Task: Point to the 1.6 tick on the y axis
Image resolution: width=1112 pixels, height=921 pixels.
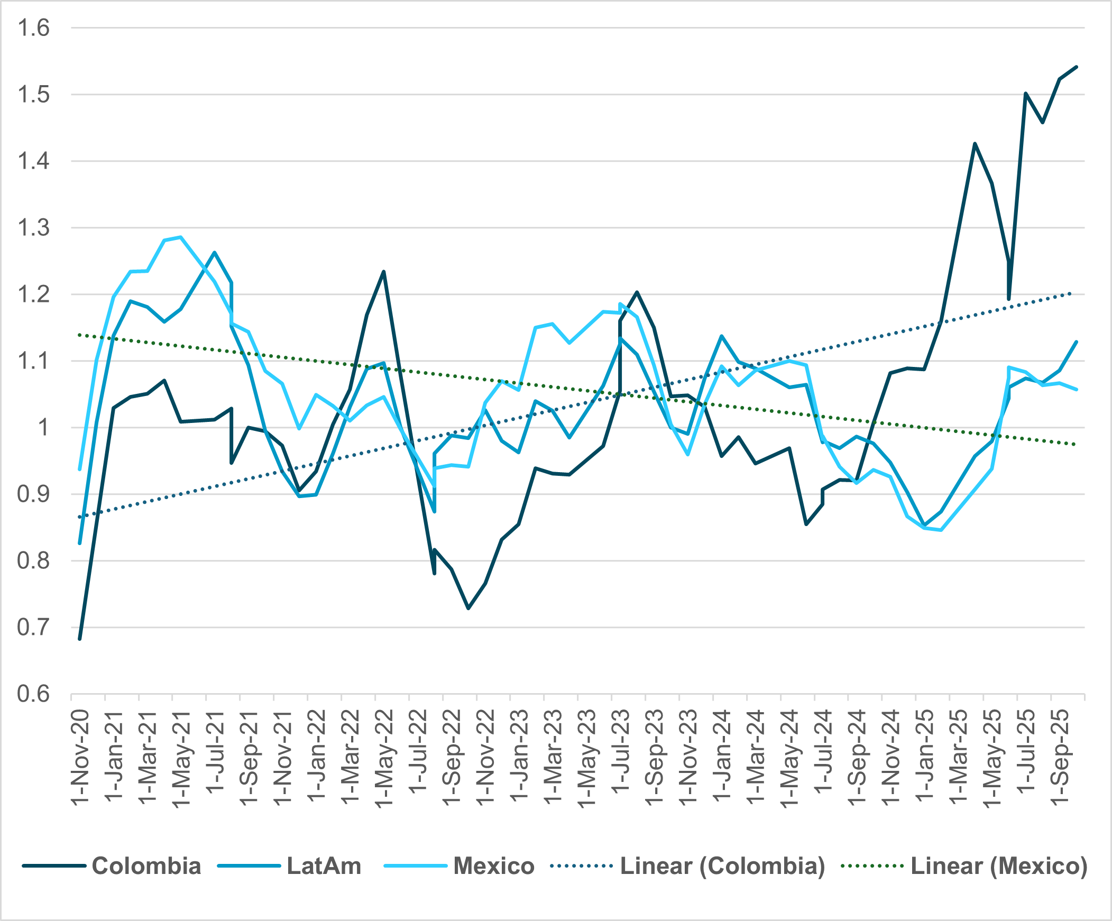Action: (x=33, y=27)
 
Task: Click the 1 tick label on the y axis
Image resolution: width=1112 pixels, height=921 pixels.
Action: (x=42, y=428)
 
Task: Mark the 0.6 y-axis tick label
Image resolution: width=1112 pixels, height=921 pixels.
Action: (x=33, y=694)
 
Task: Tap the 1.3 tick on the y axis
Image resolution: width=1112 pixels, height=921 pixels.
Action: (x=33, y=227)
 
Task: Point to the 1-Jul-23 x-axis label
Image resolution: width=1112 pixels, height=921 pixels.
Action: (x=621, y=752)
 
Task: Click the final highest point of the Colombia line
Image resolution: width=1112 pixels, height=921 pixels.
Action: (x=1077, y=67)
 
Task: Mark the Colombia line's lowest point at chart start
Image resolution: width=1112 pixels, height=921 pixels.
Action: (x=80, y=639)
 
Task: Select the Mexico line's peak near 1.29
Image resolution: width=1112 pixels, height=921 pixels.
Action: (x=181, y=237)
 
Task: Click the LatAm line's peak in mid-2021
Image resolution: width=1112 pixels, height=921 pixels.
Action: (x=215, y=253)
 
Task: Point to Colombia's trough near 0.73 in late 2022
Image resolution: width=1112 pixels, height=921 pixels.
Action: (x=468, y=609)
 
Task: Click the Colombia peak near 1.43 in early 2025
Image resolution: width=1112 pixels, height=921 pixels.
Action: (x=975, y=143)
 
